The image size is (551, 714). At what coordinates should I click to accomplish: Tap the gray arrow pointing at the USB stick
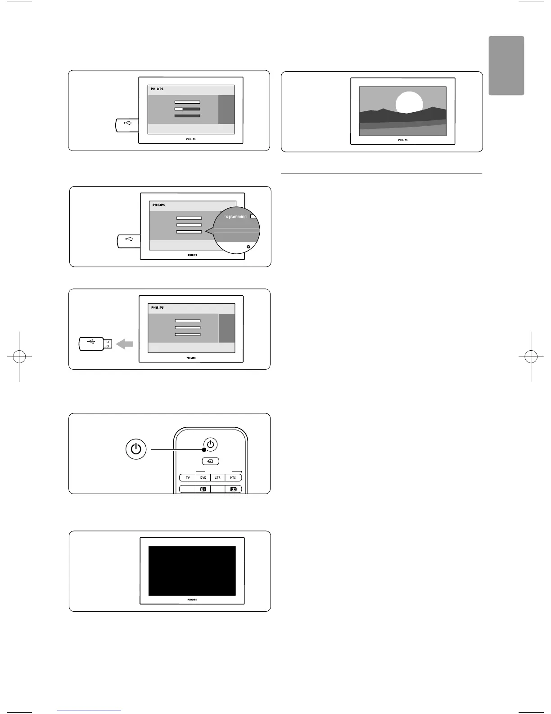pos(125,344)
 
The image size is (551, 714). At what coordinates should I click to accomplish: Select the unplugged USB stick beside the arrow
pos(95,344)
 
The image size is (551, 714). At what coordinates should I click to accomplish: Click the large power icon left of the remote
pos(136,449)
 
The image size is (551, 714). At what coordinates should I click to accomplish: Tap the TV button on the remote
pos(188,478)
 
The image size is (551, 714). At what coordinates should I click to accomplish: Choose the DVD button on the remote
pos(203,478)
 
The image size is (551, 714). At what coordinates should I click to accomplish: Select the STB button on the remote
pos(218,478)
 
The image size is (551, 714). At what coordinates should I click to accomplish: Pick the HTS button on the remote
pos(233,478)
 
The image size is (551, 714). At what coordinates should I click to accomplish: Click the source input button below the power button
pos(210,461)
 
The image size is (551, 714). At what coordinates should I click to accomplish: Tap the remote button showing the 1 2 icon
pos(203,489)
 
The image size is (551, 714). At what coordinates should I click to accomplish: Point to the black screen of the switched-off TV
pos(192,571)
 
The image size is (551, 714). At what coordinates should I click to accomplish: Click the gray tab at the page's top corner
pos(506,65)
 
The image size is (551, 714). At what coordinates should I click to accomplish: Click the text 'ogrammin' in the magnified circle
pos(236,217)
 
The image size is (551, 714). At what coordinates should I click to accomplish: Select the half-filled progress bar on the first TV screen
pos(187,109)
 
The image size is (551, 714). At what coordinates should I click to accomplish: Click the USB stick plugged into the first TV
pos(126,125)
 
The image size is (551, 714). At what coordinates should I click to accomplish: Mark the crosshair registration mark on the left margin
pos(19,357)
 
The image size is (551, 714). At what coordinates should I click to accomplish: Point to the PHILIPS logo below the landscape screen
pos(403,140)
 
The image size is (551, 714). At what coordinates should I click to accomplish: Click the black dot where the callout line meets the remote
pos(204,449)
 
